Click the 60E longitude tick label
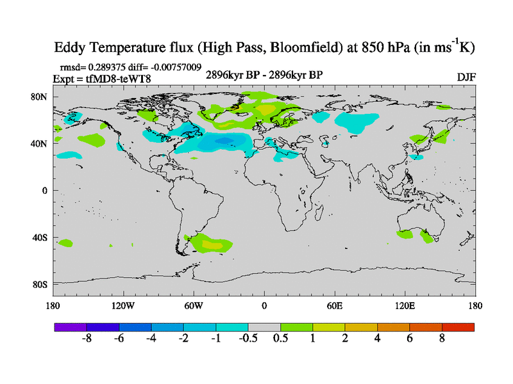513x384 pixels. tap(335, 305)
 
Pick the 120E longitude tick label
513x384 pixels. tap(405, 305)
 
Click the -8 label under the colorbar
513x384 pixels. tap(87, 339)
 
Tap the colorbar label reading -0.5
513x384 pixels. tap(248, 339)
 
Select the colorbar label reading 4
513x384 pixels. tap(378, 339)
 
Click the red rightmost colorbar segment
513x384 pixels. tap(458, 327)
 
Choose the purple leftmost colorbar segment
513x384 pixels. tap(71, 327)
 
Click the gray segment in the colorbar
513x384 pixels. tap(264, 327)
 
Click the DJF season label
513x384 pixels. tap(466, 77)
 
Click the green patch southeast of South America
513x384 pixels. tap(206, 243)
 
